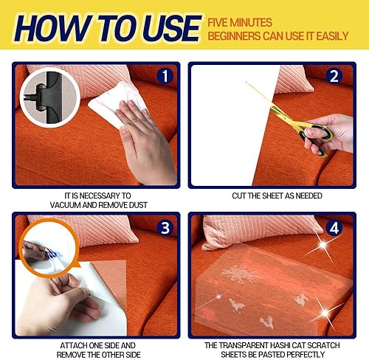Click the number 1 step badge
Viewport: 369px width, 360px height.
pos(165,76)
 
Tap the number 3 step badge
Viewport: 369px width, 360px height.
pos(165,226)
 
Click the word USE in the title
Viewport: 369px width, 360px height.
pos(157,28)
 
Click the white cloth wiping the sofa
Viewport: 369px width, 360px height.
pos(118,103)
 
